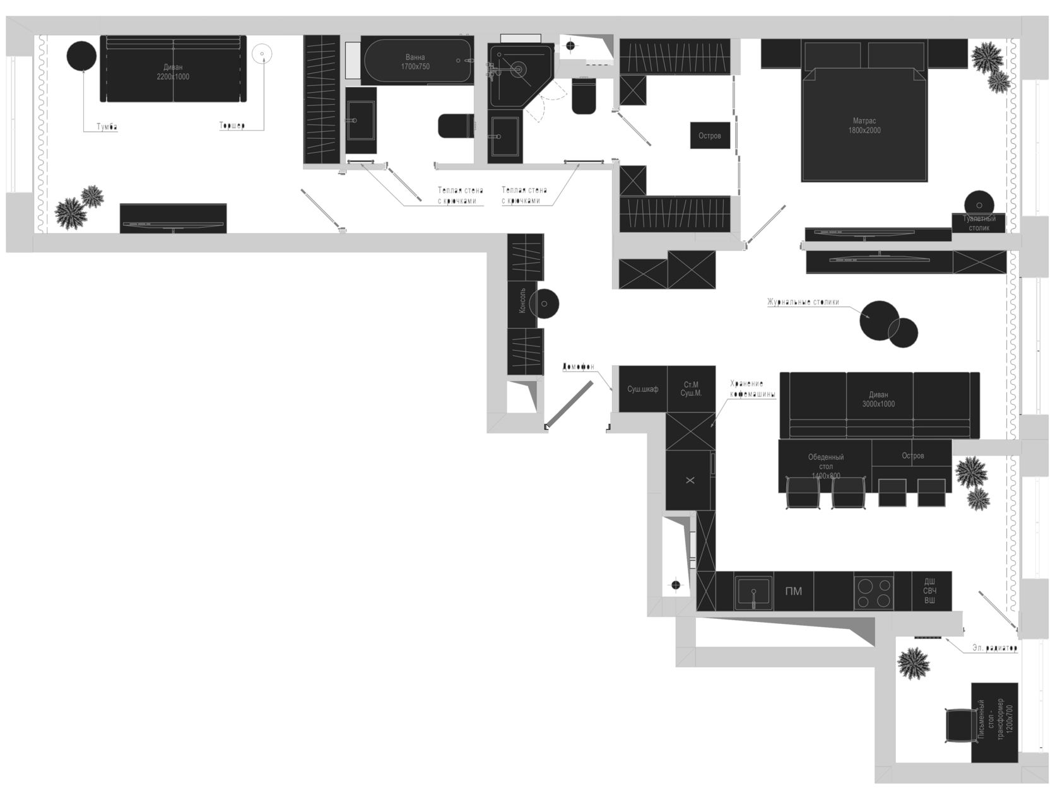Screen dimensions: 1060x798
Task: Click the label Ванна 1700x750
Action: [x=415, y=62]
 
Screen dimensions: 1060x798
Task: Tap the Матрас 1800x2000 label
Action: [x=864, y=126]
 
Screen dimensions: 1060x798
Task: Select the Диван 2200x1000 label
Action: [x=173, y=72]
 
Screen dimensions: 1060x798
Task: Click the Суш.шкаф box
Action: [x=642, y=389]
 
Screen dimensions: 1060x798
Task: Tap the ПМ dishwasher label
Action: [x=794, y=591]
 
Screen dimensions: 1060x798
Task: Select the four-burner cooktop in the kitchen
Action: [x=874, y=591]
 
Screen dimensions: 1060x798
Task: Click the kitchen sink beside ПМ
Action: [x=754, y=591]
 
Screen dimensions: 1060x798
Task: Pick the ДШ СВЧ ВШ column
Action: [x=929, y=591]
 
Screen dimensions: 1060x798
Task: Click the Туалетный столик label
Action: [x=979, y=223]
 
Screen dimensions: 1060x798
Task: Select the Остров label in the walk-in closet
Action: [x=710, y=136]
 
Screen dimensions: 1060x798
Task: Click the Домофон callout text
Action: [x=579, y=367]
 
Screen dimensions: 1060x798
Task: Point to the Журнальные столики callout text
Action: [x=803, y=302]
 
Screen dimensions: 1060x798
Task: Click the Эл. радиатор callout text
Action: [x=994, y=648]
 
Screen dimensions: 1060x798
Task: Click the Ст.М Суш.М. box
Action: [x=691, y=389]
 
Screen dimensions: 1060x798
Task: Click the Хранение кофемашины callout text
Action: [x=752, y=389]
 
